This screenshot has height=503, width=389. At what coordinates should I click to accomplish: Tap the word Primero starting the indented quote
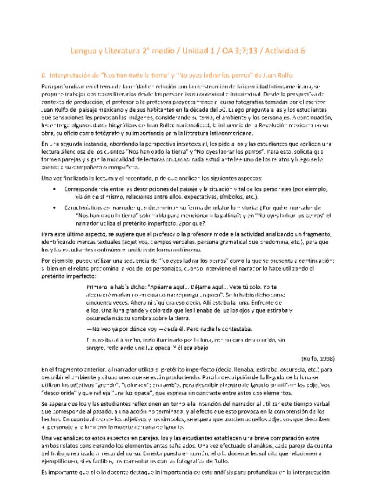[98, 287]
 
